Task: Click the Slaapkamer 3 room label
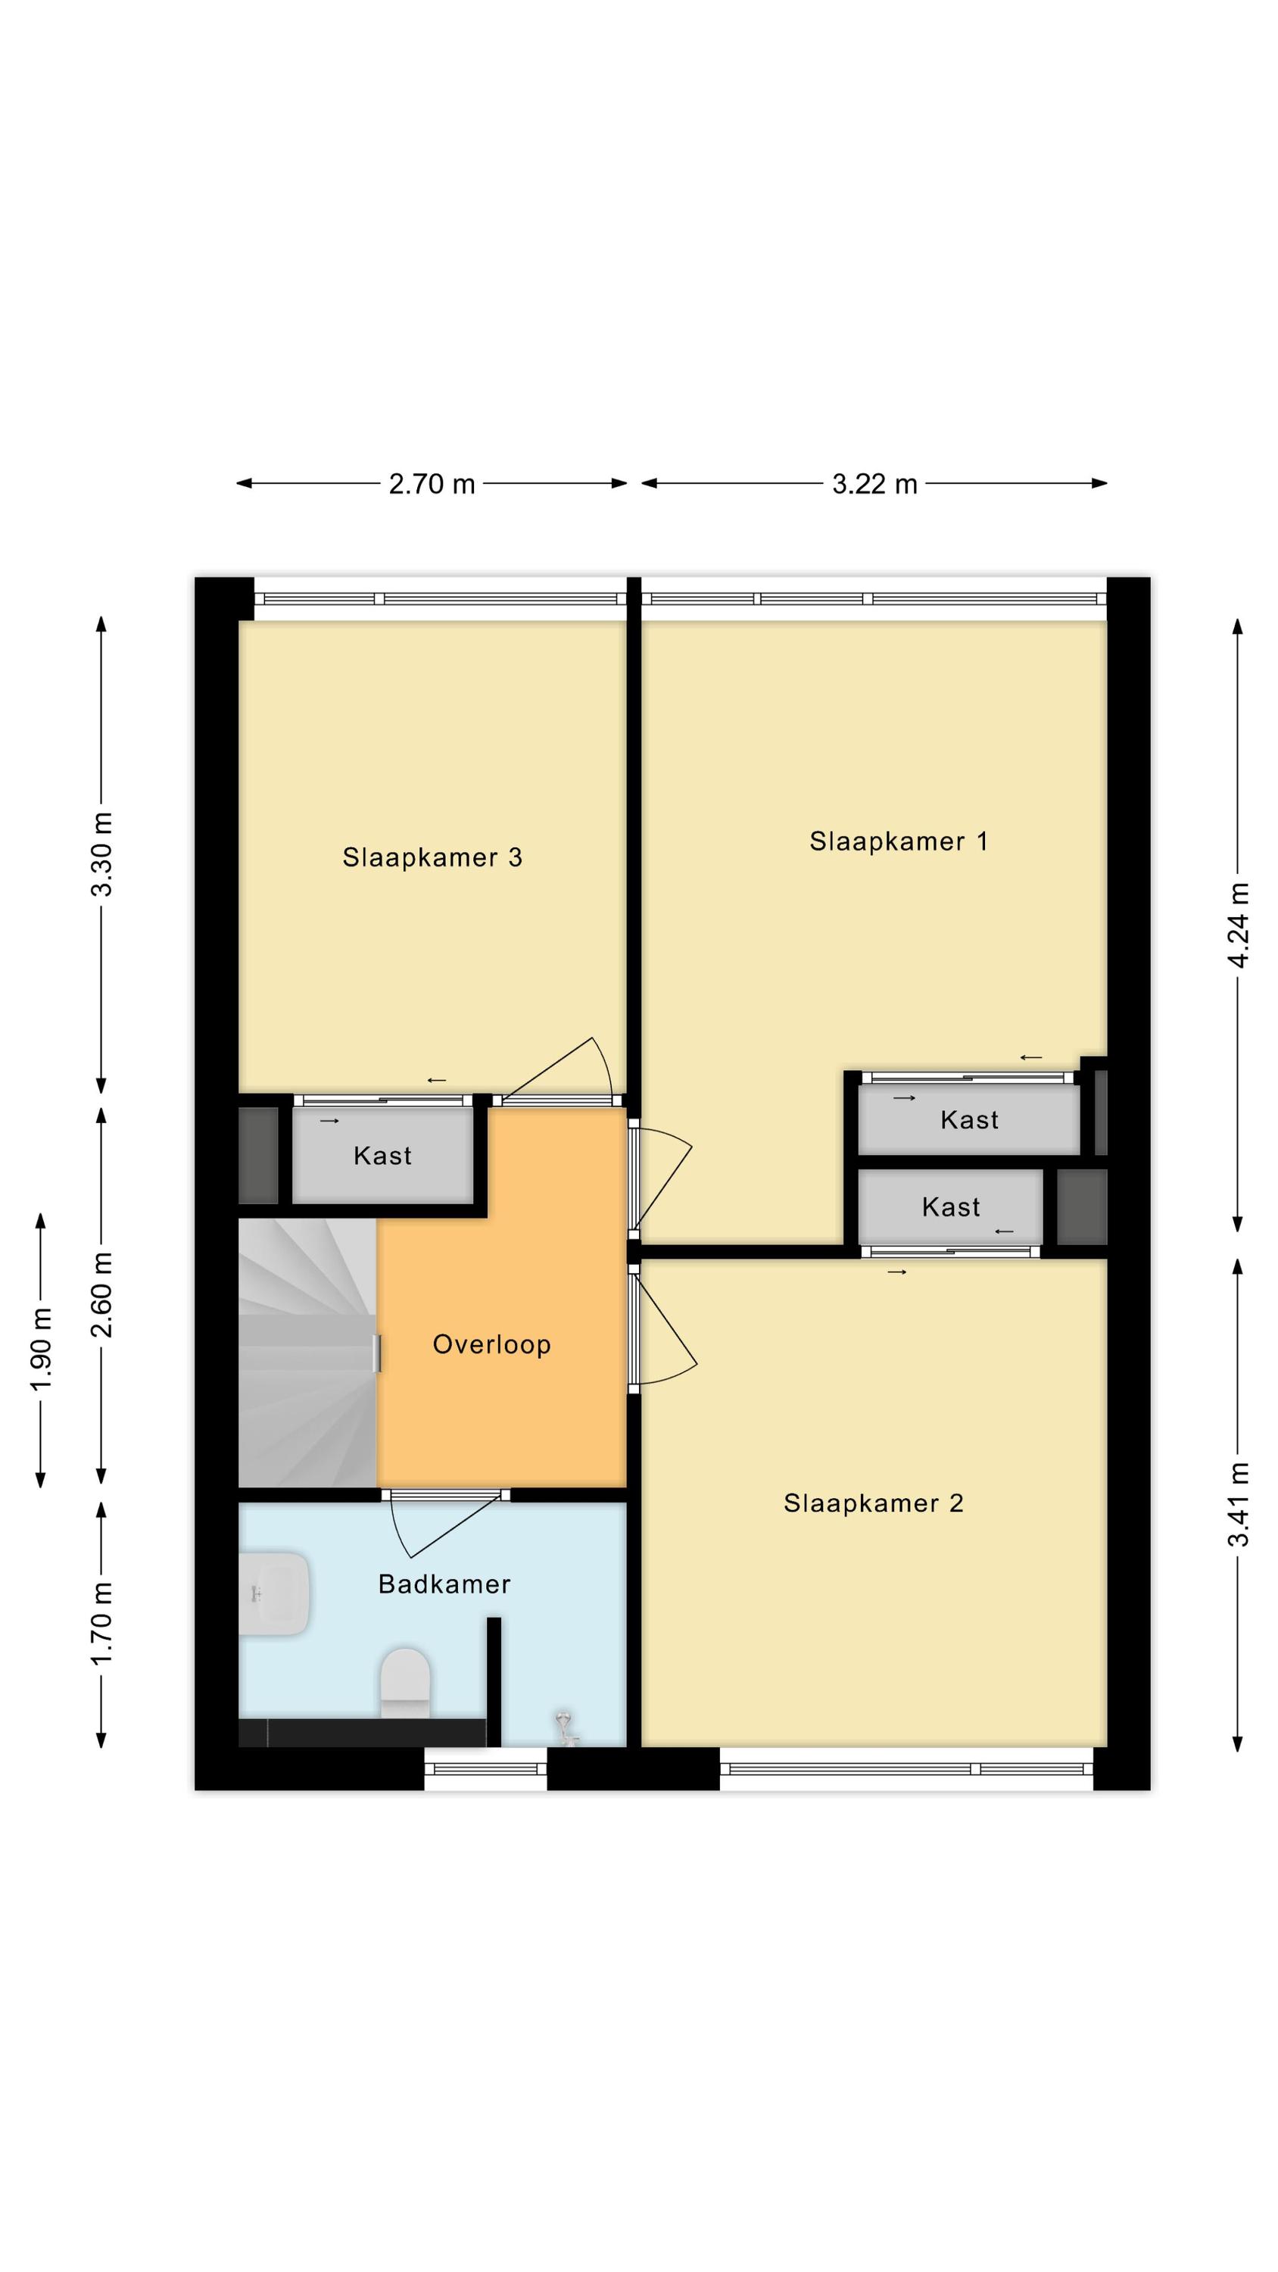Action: pos(432,857)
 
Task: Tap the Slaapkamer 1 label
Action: pos(899,841)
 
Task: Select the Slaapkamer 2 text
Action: pos(873,1503)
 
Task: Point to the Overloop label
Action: pos(491,1344)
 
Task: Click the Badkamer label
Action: pos(444,1584)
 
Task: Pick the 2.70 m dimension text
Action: pos(432,484)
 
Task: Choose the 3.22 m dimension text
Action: pos(875,484)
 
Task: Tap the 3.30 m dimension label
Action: pos(102,854)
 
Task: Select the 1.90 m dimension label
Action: pos(42,1350)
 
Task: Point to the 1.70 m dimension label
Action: pos(102,1623)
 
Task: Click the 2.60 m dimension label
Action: pos(102,1295)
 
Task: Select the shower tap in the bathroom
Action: pos(565,1729)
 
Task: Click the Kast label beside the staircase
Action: pos(383,1156)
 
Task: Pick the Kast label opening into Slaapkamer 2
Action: pos(951,1206)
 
